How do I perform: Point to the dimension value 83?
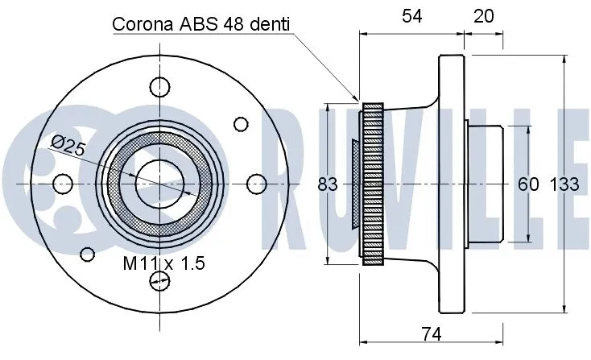point(327,184)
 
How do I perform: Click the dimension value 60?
point(527,184)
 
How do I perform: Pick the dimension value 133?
point(564,184)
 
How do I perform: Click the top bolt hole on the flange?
point(160,86)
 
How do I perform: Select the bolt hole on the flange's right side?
point(256,184)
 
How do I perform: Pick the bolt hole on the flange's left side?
point(62,184)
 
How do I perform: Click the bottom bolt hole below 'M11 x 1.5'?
point(160,280)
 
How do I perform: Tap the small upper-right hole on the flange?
point(240,123)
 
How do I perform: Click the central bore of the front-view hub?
point(159,184)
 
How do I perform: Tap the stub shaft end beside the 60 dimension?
point(487,184)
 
